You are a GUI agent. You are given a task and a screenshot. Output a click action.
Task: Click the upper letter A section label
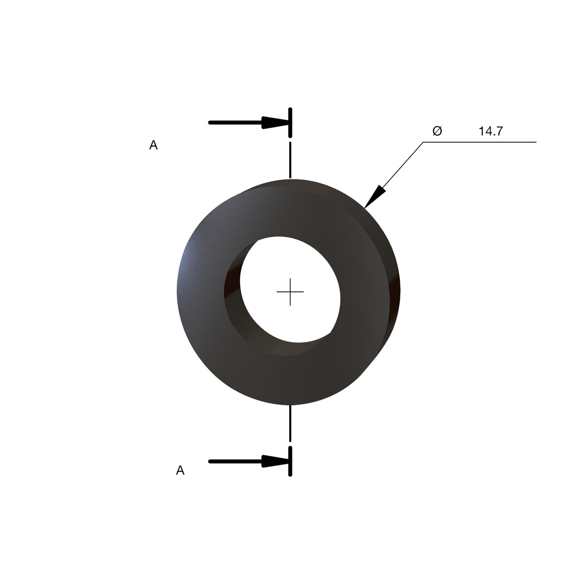154,145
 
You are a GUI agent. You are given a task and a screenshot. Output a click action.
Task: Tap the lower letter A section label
180,470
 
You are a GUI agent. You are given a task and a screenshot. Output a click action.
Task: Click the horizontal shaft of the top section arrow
236,122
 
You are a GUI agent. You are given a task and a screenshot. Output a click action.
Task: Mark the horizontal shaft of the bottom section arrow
236,462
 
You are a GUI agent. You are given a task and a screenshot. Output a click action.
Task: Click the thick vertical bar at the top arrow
290,122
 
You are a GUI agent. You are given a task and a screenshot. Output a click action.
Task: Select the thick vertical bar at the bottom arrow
290,461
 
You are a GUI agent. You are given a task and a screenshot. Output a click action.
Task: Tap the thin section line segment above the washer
290,160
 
